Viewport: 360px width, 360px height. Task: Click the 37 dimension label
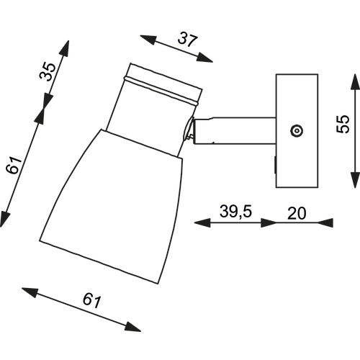pyautogui.click(x=187, y=40)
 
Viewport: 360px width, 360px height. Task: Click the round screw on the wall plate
pyautogui.click(x=295, y=130)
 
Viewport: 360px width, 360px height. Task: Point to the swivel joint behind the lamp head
pyautogui.click(x=191, y=131)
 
